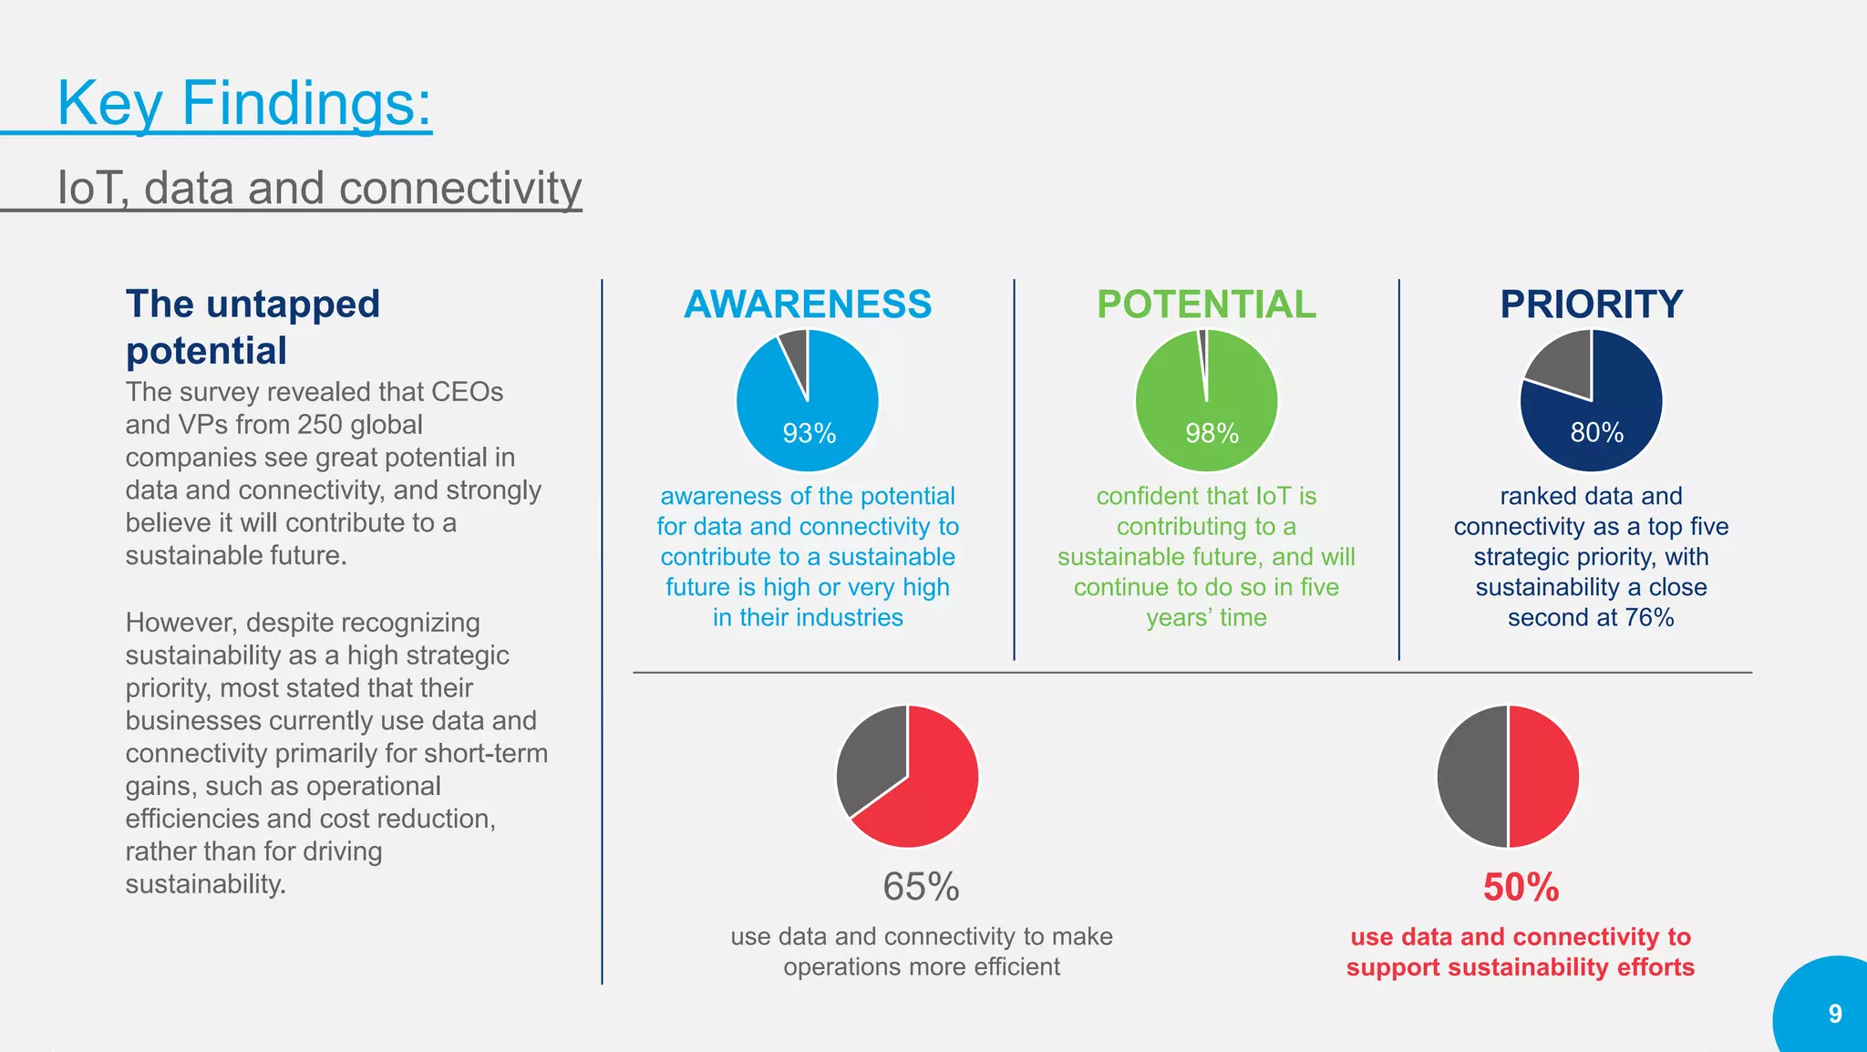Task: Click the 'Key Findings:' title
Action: (x=244, y=103)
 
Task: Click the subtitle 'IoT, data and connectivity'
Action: (x=319, y=188)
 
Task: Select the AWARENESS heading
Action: (x=808, y=304)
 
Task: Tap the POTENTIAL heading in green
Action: (x=1206, y=304)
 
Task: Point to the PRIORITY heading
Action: (x=1591, y=304)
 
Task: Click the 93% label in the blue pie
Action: (x=809, y=433)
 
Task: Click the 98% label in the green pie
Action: (x=1212, y=433)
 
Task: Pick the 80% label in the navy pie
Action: (x=1596, y=432)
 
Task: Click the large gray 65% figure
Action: (x=921, y=887)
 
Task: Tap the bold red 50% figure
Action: (x=1521, y=887)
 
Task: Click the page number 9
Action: (x=1835, y=1014)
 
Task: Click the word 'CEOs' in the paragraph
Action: (x=467, y=392)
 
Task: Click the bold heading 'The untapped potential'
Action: (x=253, y=326)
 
